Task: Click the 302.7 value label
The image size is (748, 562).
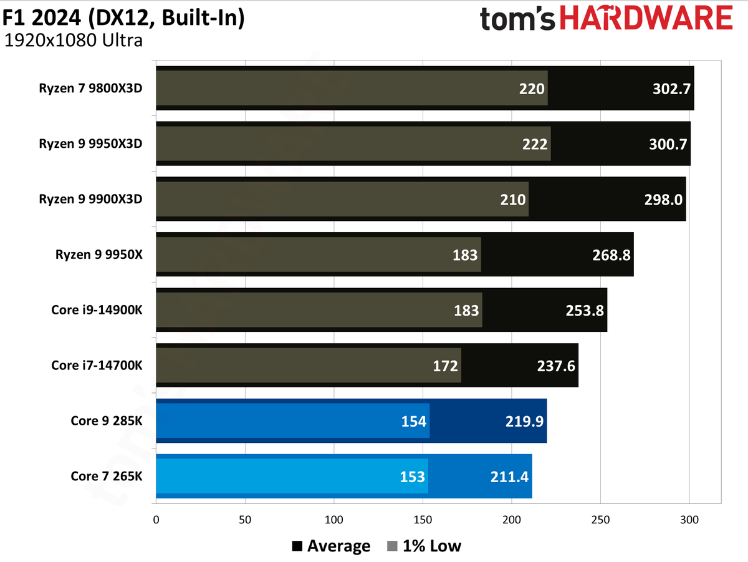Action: [x=671, y=89]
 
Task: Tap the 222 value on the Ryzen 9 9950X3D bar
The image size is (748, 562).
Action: [x=535, y=144]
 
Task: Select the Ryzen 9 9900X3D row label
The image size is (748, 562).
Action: [x=90, y=199]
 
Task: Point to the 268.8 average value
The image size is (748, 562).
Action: [x=611, y=255]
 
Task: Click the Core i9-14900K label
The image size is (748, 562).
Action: [x=97, y=310]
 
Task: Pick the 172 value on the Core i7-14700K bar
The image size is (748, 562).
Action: [x=445, y=366]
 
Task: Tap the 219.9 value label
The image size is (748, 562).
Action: [x=524, y=422]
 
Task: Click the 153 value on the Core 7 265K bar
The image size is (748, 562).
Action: [x=413, y=477]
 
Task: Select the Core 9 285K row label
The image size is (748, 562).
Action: [x=107, y=421]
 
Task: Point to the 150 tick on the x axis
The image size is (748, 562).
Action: [x=423, y=520]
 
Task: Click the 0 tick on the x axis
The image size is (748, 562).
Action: [x=156, y=520]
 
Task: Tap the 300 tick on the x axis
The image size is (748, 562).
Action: [x=689, y=520]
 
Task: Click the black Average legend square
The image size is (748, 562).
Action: [x=297, y=546]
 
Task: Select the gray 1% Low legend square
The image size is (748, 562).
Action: [x=392, y=546]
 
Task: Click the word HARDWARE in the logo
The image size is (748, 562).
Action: [x=646, y=17]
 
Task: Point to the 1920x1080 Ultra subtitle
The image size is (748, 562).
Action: [x=74, y=41]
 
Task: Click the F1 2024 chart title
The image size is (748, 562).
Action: [x=123, y=17]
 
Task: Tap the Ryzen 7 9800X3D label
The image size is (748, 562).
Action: [x=90, y=89]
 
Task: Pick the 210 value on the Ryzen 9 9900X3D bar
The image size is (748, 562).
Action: [x=513, y=200]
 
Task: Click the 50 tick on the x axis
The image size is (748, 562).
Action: [x=245, y=520]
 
